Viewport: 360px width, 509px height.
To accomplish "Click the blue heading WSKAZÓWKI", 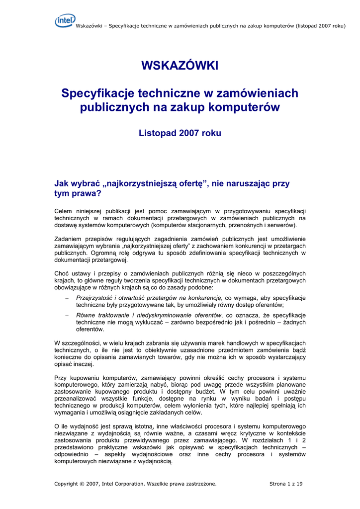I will tap(180, 66).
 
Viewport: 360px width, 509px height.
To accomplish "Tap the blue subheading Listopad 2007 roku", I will tap(180, 133).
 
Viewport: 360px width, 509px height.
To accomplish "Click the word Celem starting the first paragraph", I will tap(63, 211).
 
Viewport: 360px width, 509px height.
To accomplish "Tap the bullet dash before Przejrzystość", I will tap(67, 298).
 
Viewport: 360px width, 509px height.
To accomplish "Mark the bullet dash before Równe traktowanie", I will tap(67, 316).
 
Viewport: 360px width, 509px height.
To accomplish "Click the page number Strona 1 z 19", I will tap(286, 484).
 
